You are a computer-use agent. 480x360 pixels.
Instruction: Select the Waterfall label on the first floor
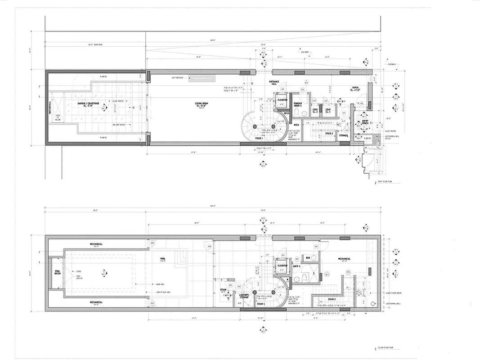coord(50,107)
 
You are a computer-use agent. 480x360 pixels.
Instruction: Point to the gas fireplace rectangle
coord(201,78)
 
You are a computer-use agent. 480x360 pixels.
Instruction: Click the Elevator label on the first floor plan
coord(283,99)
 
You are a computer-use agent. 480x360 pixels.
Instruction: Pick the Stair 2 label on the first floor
coord(329,133)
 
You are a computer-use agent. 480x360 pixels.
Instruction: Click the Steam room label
coord(223,290)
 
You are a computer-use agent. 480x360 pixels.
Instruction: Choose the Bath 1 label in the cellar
coord(297,266)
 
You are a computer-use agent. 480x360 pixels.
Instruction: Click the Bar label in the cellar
coord(308,258)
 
